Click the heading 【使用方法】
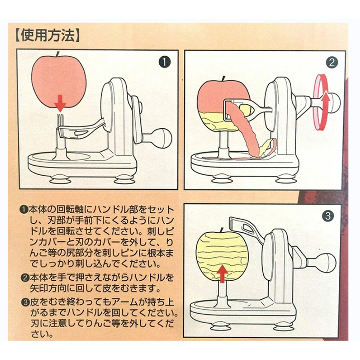pos(48,36)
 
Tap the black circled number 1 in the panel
pos(165,62)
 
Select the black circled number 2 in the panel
pos(332,62)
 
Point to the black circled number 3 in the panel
pos(328,216)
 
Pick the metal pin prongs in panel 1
pos(60,120)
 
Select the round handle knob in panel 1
pos(163,137)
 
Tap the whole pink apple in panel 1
pos(58,84)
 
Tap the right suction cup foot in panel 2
pos(286,179)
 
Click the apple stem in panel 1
pos(58,54)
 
